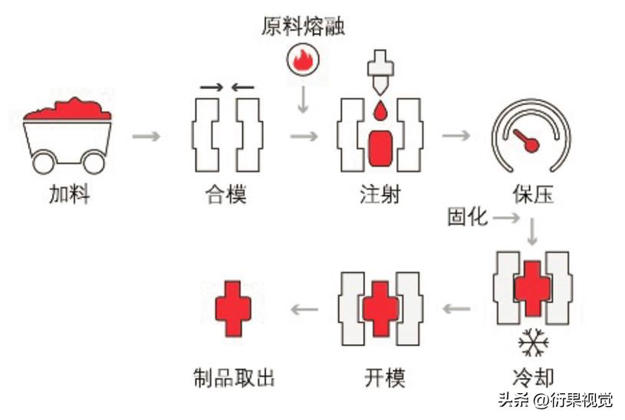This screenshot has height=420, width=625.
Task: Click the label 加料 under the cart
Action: (x=69, y=195)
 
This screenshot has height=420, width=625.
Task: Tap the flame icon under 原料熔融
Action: (x=302, y=59)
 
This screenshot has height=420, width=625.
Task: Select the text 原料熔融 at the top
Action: (x=303, y=27)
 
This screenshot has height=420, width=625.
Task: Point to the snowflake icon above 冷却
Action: (x=533, y=343)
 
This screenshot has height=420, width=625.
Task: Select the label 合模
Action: (x=226, y=195)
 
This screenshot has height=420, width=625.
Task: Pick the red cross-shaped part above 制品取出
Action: (x=232, y=307)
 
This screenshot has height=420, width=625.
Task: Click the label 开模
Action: (x=383, y=377)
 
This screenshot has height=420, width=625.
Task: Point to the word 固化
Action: (x=467, y=217)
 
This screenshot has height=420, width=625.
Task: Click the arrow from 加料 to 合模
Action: (x=146, y=136)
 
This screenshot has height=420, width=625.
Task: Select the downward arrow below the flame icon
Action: (x=303, y=98)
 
